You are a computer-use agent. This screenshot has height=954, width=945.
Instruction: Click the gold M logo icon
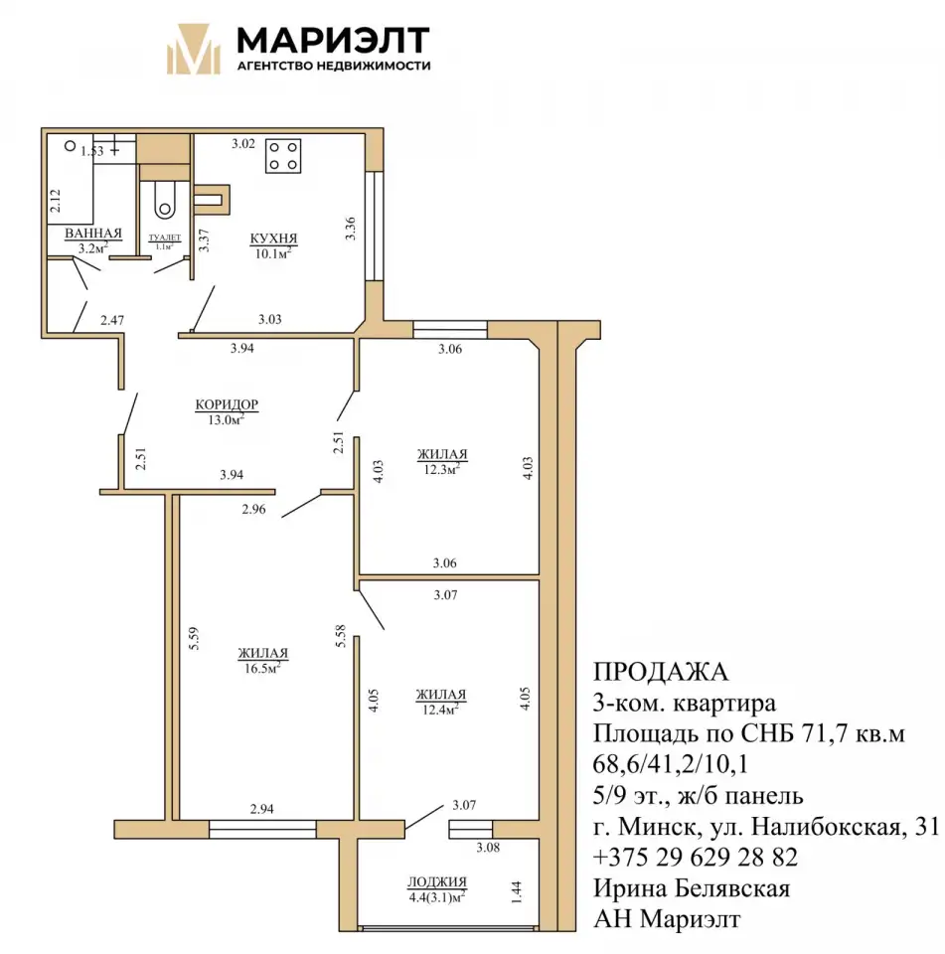[194, 49]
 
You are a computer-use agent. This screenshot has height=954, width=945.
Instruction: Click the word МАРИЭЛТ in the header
[334, 41]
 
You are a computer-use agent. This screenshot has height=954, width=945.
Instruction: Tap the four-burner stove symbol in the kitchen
[283, 156]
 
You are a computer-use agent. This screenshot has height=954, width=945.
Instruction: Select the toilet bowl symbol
[164, 200]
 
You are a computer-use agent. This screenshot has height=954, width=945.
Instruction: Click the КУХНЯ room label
[273, 238]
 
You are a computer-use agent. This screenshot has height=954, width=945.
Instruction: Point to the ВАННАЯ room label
[93, 233]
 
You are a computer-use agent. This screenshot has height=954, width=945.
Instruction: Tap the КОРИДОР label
[227, 404]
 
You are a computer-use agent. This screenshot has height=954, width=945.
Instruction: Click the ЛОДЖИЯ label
[437, 881]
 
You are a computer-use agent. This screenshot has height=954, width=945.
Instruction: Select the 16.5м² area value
[262, 668]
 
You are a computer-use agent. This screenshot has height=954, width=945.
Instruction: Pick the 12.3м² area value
[442, 469]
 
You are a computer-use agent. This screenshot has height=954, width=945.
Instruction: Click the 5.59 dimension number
[194, 638]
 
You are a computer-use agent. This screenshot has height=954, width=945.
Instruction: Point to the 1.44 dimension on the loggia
[516, 892]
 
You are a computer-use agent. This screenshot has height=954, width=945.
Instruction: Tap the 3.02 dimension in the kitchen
[242, 143]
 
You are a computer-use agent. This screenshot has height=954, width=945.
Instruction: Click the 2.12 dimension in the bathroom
[55, 201]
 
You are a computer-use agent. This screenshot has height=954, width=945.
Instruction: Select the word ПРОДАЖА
[660, 672]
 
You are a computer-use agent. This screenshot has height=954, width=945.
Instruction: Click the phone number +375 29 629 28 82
[695, 857]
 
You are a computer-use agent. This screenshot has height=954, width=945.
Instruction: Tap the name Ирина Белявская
[692, 888]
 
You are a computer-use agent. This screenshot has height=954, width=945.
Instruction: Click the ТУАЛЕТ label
[164, 238]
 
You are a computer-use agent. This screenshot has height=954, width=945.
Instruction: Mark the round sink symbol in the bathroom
[70, 146]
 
